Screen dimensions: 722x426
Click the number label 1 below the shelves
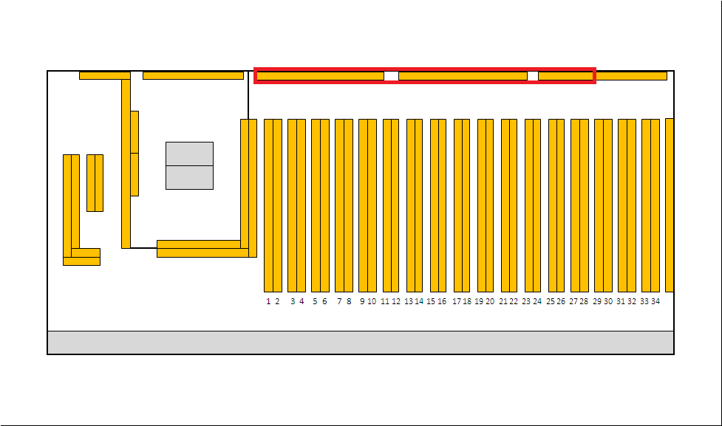click(x=268, y=301)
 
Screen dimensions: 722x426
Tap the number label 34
click(x=655, y=301)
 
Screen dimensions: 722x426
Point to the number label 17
click(x=456, y=301)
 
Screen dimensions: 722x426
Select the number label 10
click(x=372, y=301)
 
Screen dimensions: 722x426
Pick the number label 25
click(x=551, y=301)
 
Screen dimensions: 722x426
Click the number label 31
click(x=621, y=301)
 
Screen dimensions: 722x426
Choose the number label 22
click(x=514, y=301)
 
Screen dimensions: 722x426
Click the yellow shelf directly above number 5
click(x=316, y=206)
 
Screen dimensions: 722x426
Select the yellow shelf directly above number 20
click(x=489, y=206)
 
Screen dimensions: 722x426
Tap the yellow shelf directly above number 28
click(x=585, y=206)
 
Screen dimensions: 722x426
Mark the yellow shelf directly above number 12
click(x=395, y=206)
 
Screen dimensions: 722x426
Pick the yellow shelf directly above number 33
click(x=646, y=206)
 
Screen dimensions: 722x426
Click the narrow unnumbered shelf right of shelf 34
click(x=670, y=205)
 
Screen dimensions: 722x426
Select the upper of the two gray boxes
click(x=189, y=154)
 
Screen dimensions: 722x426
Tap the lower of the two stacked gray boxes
click(x=189, y=178)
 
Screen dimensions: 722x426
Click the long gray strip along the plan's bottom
click(x=361, y=343)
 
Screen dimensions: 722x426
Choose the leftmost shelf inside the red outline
click(x=320, y=76)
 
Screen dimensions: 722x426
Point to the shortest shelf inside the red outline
click(x=566, y=76)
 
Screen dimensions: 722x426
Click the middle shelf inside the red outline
click(x=463, y=76)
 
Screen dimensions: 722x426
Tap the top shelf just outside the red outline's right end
click(x=632, y=76)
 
